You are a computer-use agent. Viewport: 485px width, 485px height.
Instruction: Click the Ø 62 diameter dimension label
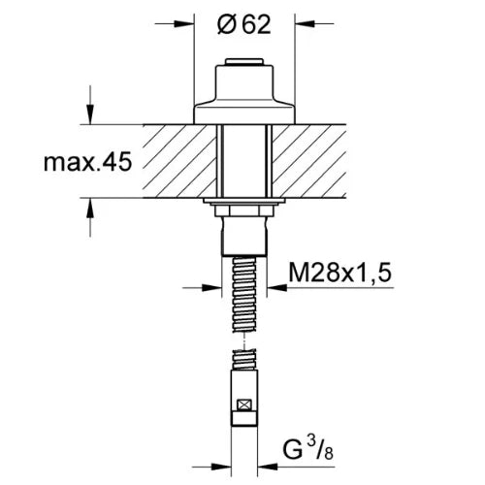(x=244, y=24)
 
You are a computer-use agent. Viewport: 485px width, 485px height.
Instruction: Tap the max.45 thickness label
(x=87, y=162)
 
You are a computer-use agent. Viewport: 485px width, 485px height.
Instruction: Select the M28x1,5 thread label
(x=339, y=273)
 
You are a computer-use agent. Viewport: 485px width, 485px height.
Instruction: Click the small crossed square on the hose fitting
(x=244, y=405)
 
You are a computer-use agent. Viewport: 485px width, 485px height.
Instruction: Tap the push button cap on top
(x=244, y=62)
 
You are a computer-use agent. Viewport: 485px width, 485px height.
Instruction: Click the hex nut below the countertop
(x=244, y=210)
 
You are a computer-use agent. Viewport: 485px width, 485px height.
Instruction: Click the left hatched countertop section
(x=179, y=161)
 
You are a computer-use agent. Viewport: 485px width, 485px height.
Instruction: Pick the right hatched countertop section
(x=309, y=161)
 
